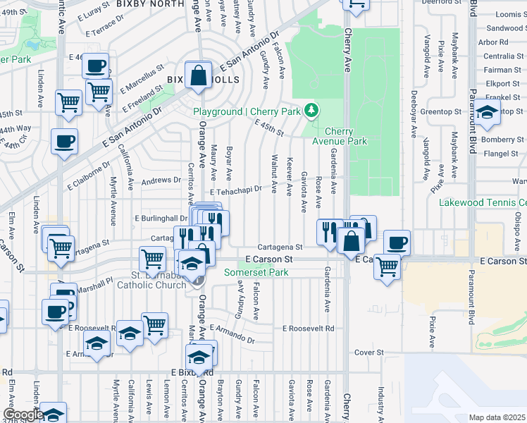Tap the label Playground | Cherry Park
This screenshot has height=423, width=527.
(247, 112)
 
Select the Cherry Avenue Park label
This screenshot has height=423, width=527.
(346, 136)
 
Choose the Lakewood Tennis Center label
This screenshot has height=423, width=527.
(483, 202)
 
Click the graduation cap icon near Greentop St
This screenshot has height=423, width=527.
(486, 113)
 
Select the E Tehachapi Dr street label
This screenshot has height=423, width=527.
(235, 190)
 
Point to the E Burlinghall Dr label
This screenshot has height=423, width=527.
(161, 219)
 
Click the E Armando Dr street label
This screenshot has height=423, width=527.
(231, 336)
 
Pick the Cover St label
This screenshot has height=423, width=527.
(368, 352)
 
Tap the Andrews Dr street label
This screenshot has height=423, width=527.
(161, 180)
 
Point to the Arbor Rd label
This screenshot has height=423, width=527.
(493, 42)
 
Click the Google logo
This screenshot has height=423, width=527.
(23, 415)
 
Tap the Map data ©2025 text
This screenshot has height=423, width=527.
(496, 417)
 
